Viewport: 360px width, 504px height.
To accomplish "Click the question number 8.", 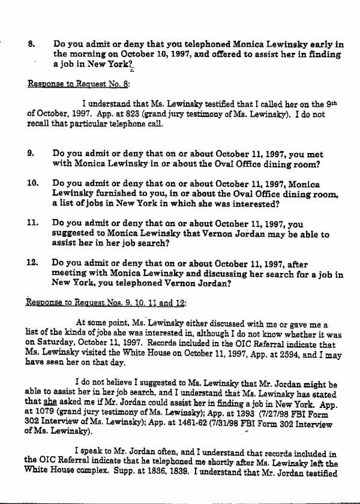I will click(x=31, y=44).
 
